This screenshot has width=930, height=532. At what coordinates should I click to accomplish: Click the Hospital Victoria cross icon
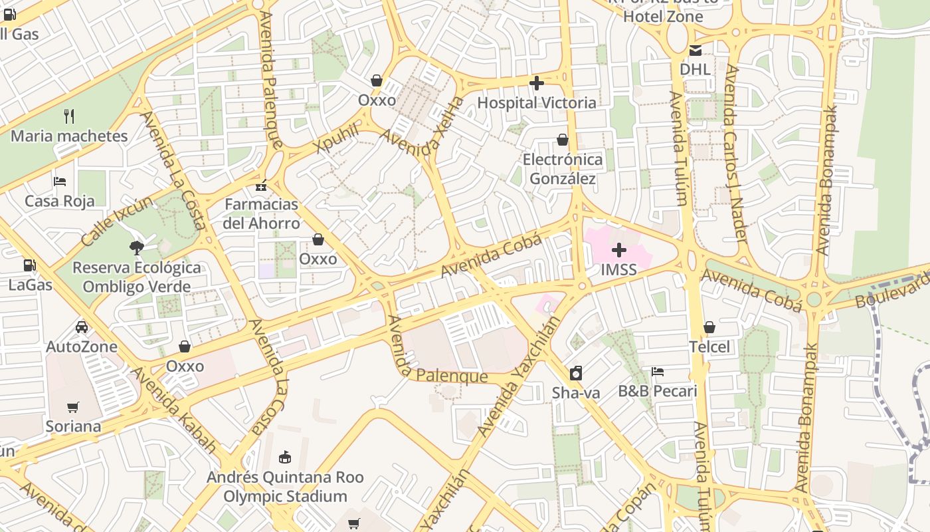point(537,83)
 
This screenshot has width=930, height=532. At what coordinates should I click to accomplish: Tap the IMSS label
point(618,269)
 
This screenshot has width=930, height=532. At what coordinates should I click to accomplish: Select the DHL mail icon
point(695,50)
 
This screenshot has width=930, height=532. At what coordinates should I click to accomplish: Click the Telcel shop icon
point(709,327)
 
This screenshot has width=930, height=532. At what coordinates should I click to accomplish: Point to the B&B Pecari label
point(658,391)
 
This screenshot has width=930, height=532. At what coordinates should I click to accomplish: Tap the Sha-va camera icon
point(576,373)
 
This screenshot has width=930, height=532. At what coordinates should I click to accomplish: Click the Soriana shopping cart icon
point(73,407)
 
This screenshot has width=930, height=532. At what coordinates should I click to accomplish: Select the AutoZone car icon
point(82,327)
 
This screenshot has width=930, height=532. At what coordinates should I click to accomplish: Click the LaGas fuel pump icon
point(29,265)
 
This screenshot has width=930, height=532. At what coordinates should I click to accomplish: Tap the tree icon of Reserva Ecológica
point(137,248)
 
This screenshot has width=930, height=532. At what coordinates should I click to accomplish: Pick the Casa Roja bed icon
point(60,181)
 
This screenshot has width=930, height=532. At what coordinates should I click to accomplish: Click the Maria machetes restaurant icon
point(69,116)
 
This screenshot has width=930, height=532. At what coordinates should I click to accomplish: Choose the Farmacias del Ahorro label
point(261,213)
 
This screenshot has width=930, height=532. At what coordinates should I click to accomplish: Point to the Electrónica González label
point(563,169)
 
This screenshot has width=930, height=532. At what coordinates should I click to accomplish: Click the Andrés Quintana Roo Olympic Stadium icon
point(285,457)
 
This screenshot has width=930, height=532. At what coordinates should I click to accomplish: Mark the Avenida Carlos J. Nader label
point(737,153)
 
